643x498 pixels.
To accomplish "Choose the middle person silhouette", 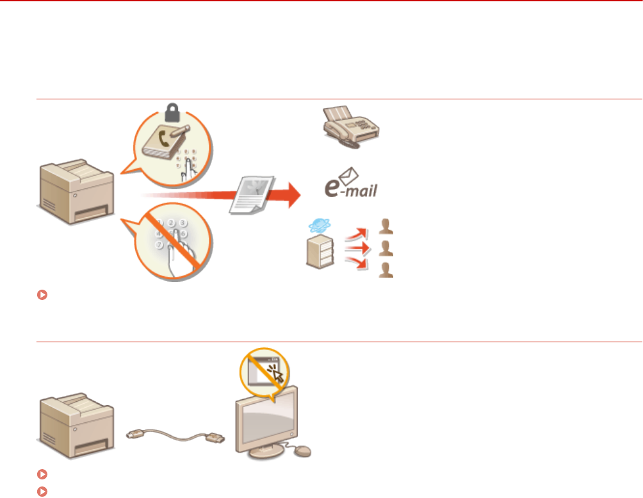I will click(x=386, y=248).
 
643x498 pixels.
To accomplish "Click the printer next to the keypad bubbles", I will click(x=76, y=188).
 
